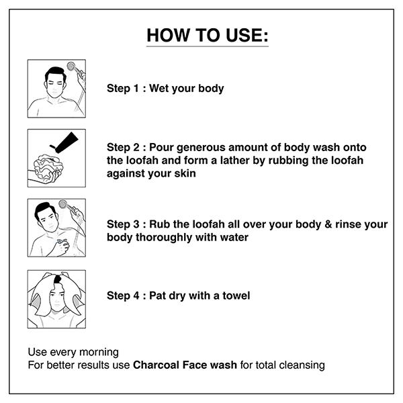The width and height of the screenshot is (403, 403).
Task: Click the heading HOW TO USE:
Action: [207, 36]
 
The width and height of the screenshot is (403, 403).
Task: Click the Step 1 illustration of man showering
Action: [56, 89]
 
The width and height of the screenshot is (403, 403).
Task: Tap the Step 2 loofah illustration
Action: [56, 159]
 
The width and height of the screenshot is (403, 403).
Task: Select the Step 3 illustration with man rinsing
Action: [56, 228]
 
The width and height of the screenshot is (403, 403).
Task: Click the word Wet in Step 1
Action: [161, 89]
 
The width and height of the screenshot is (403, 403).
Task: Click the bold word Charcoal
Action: [156, 365]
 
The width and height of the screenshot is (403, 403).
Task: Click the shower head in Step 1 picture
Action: [72, 67]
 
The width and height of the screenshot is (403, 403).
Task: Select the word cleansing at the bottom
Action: [300, 365]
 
